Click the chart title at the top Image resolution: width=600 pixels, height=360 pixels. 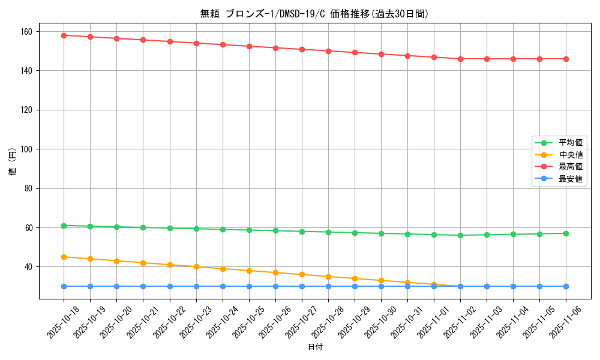(314, 14)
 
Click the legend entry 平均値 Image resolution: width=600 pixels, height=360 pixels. (570, 143)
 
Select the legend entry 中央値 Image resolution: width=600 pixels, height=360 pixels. (570, 155)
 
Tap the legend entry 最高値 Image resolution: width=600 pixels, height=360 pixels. (570, 167)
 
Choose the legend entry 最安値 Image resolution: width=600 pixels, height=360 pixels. (570, 179)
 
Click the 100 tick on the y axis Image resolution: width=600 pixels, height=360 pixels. (27, 149)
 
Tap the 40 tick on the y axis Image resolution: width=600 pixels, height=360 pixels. (29, 267)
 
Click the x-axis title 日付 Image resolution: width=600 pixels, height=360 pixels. (315, 347)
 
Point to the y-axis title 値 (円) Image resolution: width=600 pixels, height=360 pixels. (13, 163)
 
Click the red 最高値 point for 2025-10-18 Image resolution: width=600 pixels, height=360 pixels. (64, 35)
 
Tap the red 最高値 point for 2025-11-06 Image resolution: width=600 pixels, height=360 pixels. (566, 59)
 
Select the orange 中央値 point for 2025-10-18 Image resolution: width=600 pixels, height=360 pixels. (64, 257)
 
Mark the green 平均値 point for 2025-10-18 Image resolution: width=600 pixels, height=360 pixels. (64, 226)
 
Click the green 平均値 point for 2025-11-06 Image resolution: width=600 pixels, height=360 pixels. (566, 233)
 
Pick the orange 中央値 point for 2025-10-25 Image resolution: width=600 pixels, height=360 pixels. (249, 271)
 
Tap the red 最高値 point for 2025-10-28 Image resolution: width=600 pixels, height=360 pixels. (328, 51)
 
